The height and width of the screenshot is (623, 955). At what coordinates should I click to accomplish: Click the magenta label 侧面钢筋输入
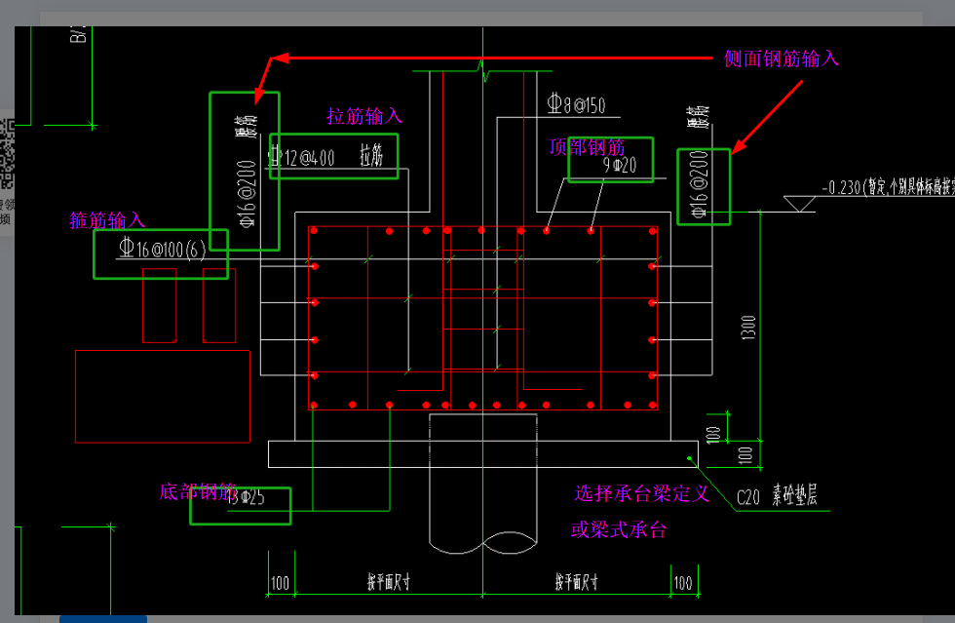(782, 58)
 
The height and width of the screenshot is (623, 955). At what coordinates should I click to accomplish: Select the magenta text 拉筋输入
(364, 117)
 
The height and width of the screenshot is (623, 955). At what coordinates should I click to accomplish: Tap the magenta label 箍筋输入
(107, 220)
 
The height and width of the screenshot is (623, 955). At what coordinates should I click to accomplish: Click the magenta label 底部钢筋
(197, 491)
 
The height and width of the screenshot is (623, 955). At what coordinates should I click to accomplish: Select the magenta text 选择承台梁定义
(640, 494)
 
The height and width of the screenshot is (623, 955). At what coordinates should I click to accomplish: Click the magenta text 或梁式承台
(619, 530)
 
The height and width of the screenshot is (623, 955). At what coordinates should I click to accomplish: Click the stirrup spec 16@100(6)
(161, 249)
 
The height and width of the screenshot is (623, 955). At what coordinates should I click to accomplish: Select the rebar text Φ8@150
(576, 104)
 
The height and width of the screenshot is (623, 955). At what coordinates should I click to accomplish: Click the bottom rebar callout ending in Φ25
(246, 496)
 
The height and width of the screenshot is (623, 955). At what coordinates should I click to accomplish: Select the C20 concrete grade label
(747, 496)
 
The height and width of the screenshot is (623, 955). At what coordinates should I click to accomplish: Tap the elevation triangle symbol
(801, 203)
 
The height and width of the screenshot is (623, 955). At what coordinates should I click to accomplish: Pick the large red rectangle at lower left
(163, 396)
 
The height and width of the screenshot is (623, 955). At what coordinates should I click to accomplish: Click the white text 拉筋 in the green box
(371, 155)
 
